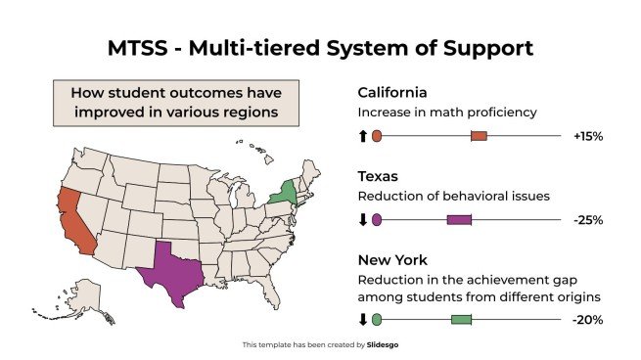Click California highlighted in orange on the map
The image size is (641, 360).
(74, 217)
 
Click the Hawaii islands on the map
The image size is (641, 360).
(256, 149)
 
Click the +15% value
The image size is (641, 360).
(587, 137)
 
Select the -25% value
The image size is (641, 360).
(587, 220)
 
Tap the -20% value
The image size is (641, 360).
(587, 320)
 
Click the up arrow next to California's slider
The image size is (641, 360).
(362, 137)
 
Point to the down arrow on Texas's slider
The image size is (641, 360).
(362, 220)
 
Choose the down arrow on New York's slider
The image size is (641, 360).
(362, 320)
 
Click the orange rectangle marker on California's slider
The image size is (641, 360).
(479, 137)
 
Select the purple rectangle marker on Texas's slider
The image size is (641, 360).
(459, 220)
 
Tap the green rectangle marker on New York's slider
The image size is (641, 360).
(461, 320)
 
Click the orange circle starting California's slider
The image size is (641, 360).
(377, 137)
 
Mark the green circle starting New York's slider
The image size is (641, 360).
(377, 320)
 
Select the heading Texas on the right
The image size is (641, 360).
(377, 177)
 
